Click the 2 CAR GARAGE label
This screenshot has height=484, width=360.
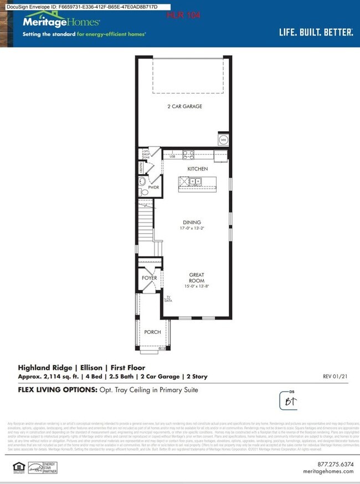(x=184, y=106)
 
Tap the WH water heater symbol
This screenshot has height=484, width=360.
(x=224, y=140)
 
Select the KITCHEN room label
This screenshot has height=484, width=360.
(x=197, y=168)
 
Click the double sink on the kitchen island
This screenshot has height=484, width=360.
(x=196, y=181)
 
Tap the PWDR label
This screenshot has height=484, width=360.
(x=153, y=188)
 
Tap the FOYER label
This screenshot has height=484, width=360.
(x=150, y=277)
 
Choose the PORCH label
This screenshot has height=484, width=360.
(x=152, y=332)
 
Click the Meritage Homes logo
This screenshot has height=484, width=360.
(x=61, y=22)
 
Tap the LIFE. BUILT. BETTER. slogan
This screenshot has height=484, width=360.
(x=316, y=33)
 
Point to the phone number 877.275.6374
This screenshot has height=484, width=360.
(x=334, y=464)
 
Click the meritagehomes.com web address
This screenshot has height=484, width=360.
(x=328, y=471)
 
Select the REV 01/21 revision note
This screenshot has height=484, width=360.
(x=334, y=377)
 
